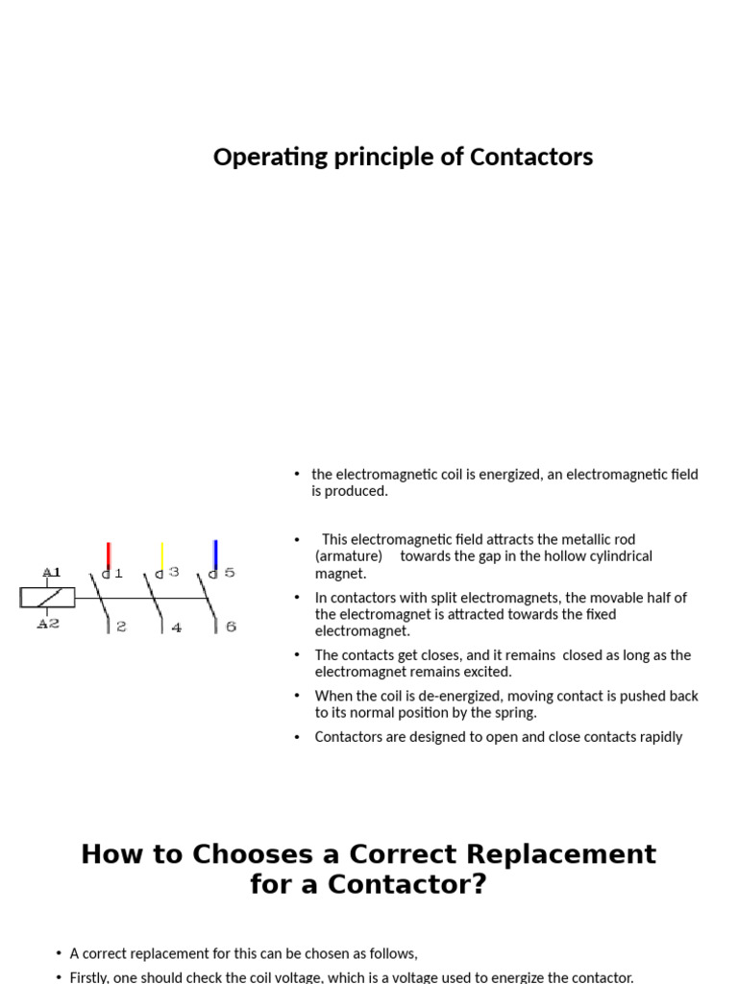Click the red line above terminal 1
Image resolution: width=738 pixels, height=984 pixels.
[109, 555]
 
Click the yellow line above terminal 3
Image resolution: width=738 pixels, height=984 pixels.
[161, 555]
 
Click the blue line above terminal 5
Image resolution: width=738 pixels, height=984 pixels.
[215, 553]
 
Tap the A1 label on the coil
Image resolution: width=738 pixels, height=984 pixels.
[51, 573]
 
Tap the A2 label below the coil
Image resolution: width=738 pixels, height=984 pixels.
[48, 624]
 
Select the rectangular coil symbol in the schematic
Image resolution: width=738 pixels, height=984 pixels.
[47, 598]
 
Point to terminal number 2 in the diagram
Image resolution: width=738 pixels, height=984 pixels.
[121, 627]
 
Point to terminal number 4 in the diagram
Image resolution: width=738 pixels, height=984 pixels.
[176, 627]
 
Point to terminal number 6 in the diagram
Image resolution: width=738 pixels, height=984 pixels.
[231, 627]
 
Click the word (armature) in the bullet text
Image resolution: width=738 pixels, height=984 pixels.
[349, 556]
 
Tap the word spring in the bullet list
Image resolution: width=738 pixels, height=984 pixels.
[516, 713]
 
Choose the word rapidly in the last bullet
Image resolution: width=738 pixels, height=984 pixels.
[657, 737]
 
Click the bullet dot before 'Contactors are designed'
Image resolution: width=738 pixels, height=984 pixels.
[298, 737]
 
